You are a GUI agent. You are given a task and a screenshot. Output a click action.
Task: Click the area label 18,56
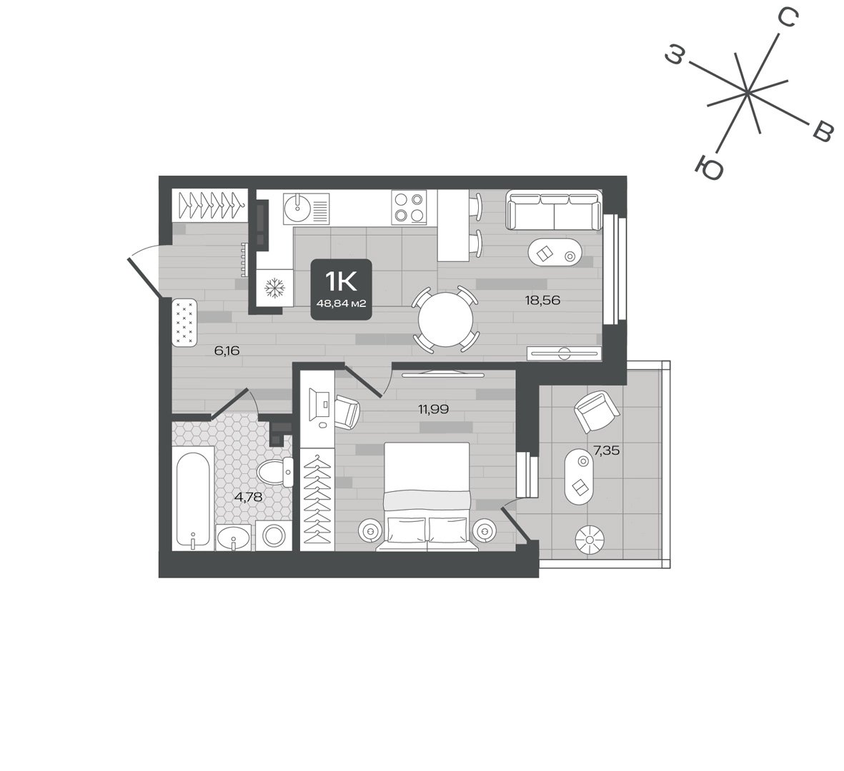tap(542, 301)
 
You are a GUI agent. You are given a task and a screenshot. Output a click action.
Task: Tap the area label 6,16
tap(227, 351)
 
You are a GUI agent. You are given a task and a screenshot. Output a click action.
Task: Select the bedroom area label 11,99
tap(434, 410)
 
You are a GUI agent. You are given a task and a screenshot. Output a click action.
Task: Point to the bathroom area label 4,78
tap(248, 497)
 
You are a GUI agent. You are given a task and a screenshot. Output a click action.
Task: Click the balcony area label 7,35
tap(606, 450)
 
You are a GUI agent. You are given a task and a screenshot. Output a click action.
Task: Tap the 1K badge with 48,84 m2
tap(342, 289)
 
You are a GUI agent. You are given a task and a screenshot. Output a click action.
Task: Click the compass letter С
tap(788, 19)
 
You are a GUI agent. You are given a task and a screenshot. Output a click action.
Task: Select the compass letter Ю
tap(709, 167)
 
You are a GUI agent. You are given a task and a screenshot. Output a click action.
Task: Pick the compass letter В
tap(822, 132)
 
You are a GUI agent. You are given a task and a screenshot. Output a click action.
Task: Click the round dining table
tap(446, 320)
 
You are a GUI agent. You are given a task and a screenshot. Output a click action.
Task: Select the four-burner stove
tap(409, 207)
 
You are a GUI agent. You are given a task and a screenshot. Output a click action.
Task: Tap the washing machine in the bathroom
tap(274, 535)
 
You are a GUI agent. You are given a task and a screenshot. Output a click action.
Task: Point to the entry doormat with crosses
tap(184, 323)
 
